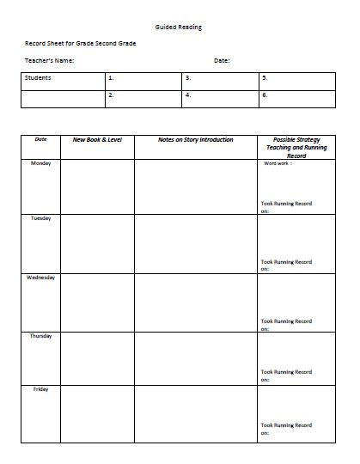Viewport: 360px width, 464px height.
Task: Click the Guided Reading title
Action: tap(180, 27)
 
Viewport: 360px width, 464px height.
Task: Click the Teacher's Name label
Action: tap(50, 61)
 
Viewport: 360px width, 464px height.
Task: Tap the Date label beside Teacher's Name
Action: tap(222, 61)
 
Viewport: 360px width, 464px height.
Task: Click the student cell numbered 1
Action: tap(143, 81)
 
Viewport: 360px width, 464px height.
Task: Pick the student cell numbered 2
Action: tap(143, 98)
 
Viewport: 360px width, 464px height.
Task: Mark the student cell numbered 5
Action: tap(296, 81)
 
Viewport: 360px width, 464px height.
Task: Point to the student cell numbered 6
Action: tap(296, 98)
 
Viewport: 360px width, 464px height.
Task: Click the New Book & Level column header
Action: tap(97, 139)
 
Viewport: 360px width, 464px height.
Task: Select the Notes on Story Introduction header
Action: tap(195, 139)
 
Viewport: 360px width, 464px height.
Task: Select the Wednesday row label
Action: tap(41, 278)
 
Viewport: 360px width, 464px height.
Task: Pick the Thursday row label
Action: tap(41, 336)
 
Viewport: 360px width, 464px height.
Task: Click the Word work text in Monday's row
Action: tap(278, 163)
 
